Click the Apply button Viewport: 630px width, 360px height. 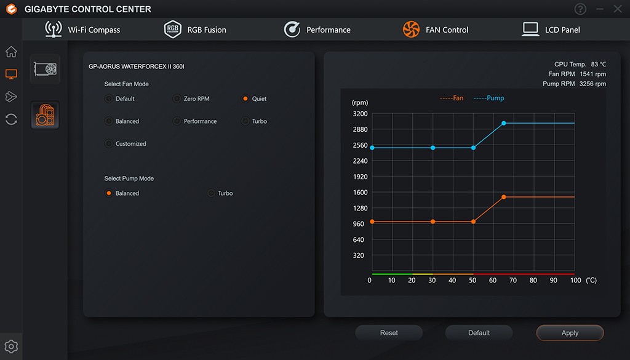click(570, 333)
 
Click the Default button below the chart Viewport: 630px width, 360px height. click(479, 333)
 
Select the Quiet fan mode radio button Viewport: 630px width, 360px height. click(245, 98)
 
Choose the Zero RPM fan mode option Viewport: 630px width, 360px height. click(177, 98)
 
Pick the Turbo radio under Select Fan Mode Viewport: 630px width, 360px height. click(245, 121)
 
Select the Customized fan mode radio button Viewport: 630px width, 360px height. click(109, 143)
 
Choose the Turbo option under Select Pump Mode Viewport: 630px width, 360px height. click(212, 193)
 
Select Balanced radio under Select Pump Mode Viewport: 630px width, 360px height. click(109, 193)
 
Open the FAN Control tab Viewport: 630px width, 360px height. click(435, 30)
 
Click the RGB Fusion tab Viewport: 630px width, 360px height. click(195, 30)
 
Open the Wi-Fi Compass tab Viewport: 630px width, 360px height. click(82, 30)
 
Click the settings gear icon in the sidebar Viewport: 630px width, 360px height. click(11, 346)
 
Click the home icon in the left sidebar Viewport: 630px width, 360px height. click(11, 52)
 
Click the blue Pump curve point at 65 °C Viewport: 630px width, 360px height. click(504, 123)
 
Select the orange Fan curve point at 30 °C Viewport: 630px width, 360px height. click(433, 222)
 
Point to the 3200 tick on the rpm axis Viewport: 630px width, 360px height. click(360, 114)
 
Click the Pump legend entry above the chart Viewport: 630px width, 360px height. click(490, 98)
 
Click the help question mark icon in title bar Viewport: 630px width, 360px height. click(580, 9)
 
